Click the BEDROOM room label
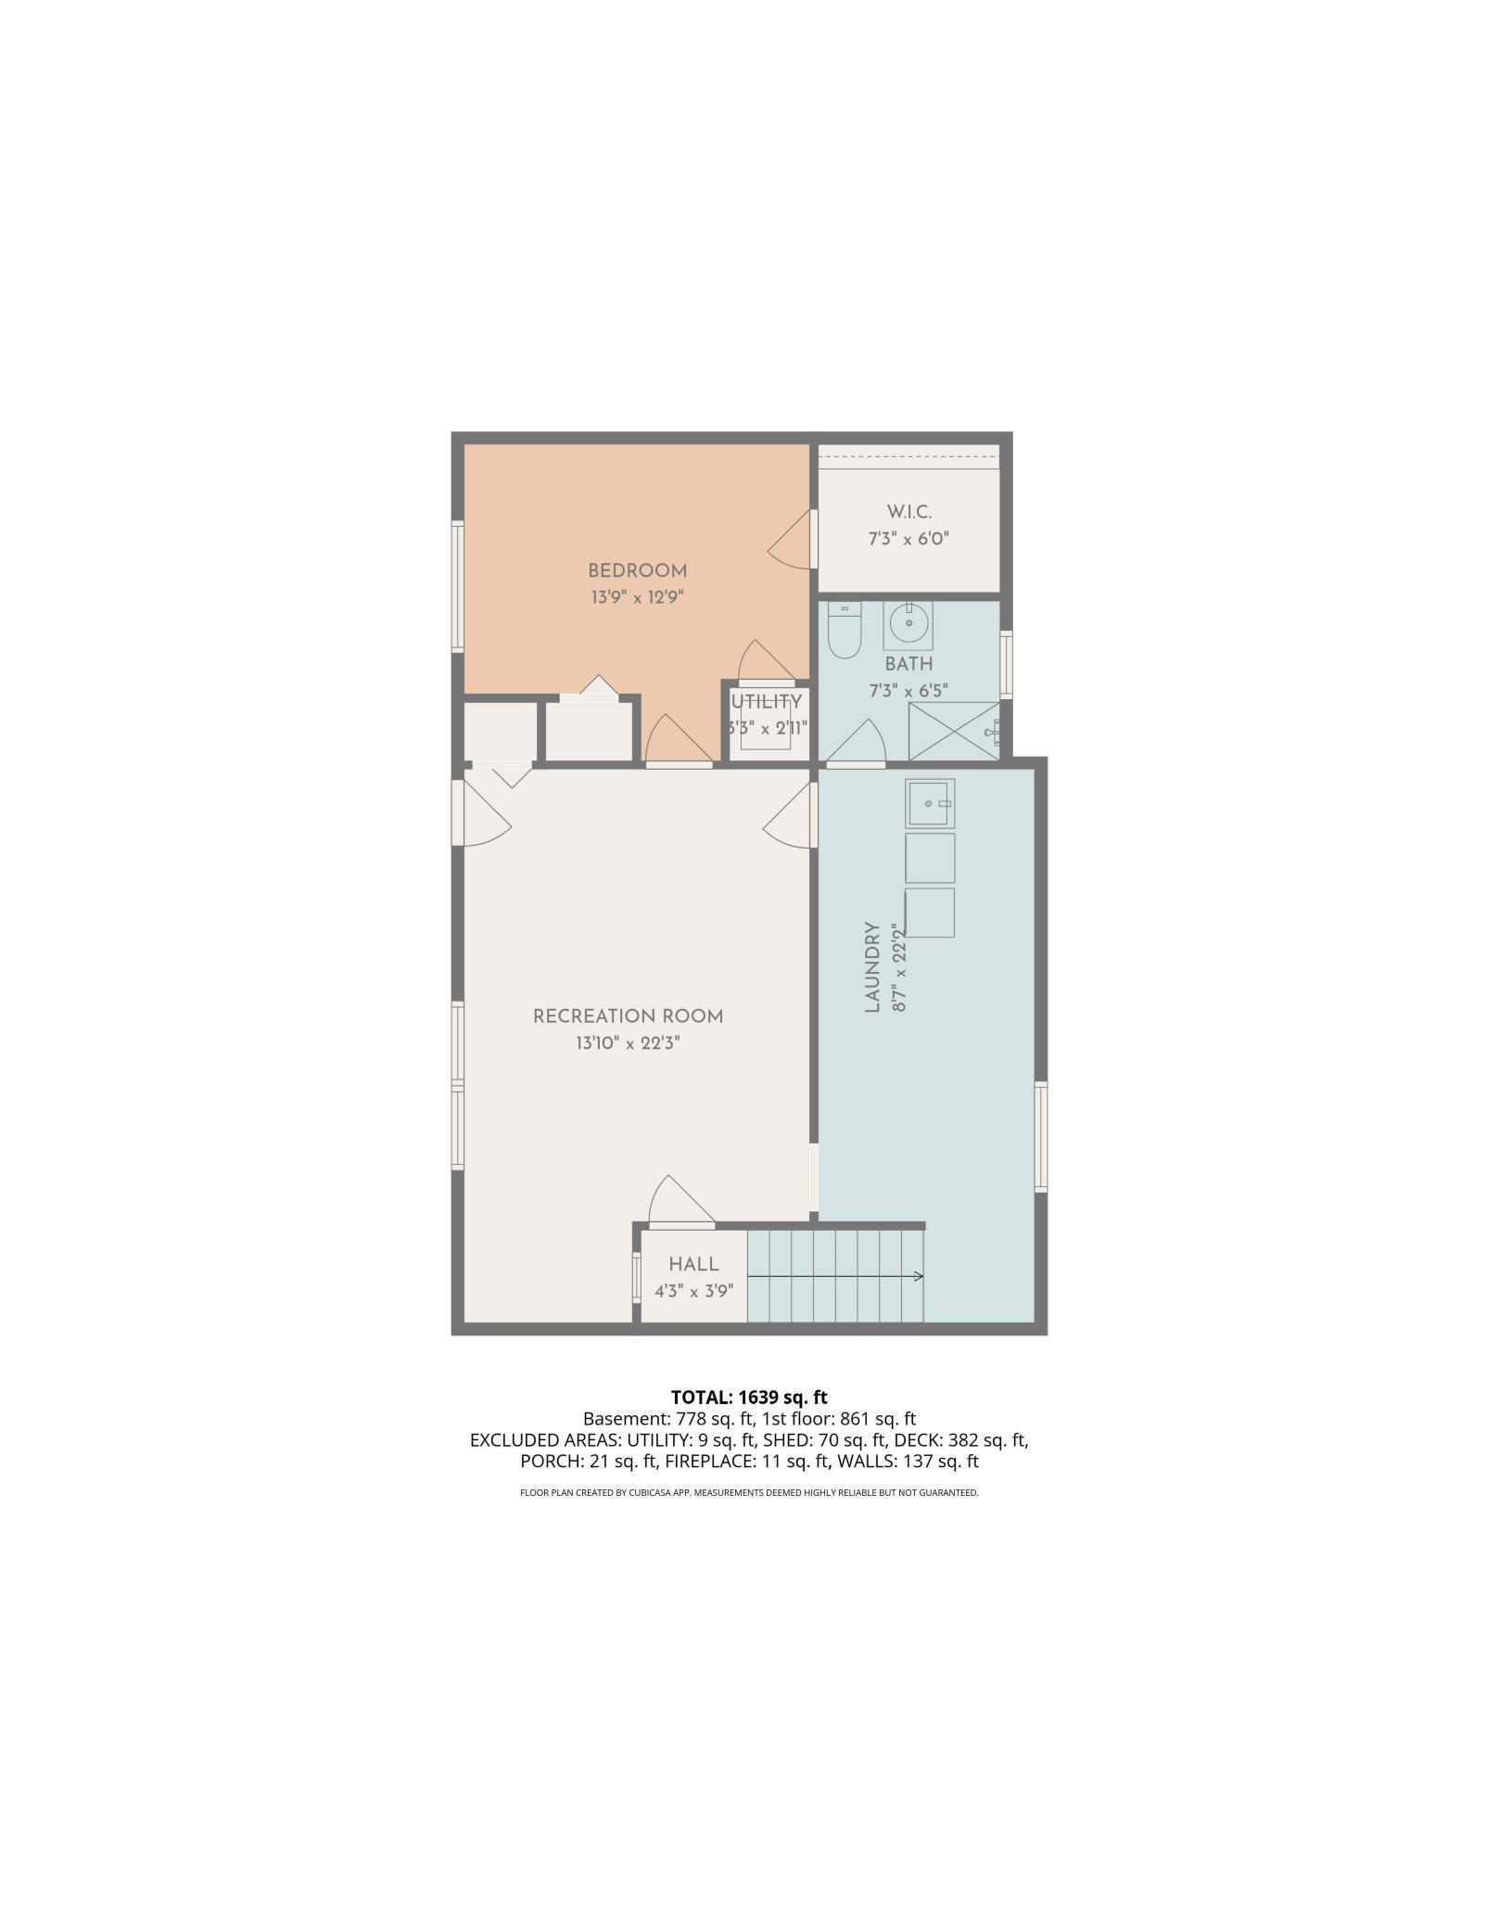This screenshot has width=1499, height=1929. point(637,571)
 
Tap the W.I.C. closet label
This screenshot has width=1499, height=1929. point(908,512)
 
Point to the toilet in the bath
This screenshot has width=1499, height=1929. point(844,630)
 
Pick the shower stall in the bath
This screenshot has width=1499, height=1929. point(954,732)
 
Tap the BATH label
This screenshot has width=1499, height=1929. point(908,664)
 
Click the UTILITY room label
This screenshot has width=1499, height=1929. point(767,702)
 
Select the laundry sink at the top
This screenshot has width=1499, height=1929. point(930,803)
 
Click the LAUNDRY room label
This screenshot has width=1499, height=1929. point(871,967)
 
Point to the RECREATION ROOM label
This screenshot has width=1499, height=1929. point(628,1016)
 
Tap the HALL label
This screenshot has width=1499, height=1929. point(693,1264)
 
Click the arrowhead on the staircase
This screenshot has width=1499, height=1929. point(919,1277)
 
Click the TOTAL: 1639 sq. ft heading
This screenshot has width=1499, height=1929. point(749,1397)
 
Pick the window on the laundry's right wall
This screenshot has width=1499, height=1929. point(1041,1136)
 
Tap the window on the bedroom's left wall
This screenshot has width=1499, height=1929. point(457,586)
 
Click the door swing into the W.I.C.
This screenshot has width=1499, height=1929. point(790,540)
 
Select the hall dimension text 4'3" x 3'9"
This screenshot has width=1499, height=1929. point(693,1290)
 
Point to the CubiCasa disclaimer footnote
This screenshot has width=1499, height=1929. point(749,1519)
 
